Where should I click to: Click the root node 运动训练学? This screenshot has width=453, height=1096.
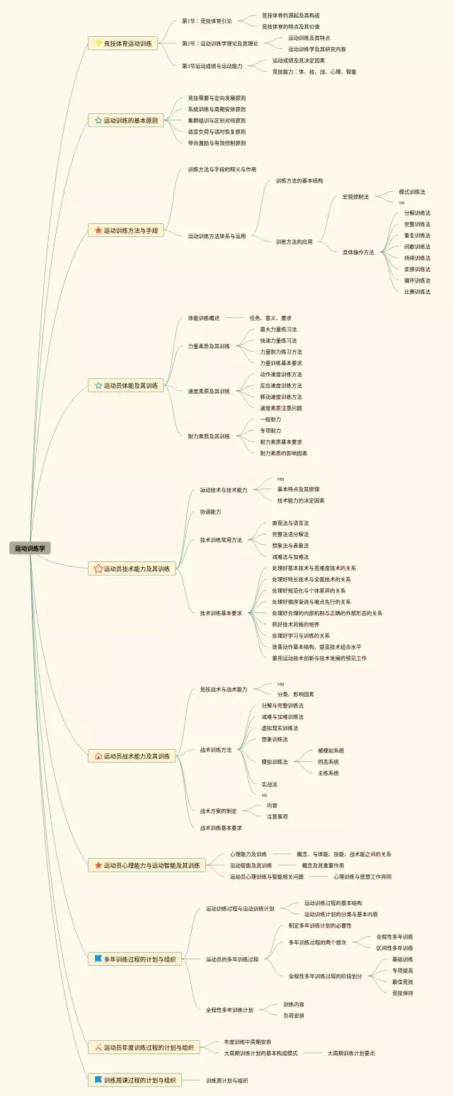coord(30,548)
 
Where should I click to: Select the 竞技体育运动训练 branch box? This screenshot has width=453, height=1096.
coord(122,44)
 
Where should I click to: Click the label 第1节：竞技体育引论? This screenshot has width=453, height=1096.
coord(207,21)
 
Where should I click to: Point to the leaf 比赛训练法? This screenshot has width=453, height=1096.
coord(417,292)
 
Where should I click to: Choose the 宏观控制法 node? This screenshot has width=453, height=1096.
coord(355,197)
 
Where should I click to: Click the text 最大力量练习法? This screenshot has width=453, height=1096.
coord(278,329)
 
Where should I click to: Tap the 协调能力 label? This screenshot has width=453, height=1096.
coord(210,511)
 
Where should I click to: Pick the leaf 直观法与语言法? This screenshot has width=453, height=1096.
coord(290,523)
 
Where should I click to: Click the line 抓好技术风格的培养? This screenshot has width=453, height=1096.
coord(295,624)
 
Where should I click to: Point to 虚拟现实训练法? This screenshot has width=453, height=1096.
coord(280,728)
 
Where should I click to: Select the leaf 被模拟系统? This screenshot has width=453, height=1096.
coord(331,750)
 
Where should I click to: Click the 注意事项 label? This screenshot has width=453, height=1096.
coord(277,816)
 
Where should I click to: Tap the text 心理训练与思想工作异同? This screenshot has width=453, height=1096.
coord(362,877)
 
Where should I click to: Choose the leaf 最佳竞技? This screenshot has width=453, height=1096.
coord(402,982)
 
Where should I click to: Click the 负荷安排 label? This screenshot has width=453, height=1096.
coord(294,1015)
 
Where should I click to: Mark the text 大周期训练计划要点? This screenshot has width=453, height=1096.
coord(351,1053)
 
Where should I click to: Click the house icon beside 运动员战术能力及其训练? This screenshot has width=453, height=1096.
coord(98,756)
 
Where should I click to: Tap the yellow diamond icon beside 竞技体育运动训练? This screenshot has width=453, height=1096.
coord(98,44)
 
